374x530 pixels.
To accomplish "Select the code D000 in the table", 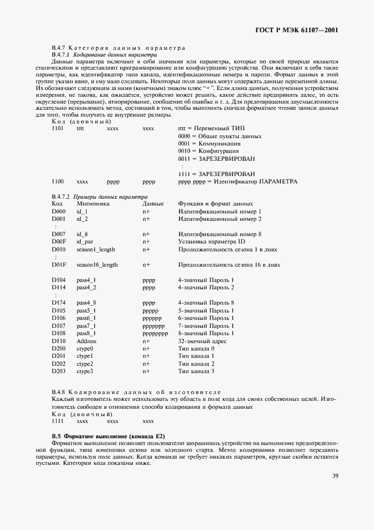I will click(58, 211).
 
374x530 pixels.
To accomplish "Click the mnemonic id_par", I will click(85, 241).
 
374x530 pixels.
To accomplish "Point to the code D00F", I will click(58, 241).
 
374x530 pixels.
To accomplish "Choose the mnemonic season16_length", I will click(97, 264).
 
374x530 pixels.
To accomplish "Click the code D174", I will click(58, 303).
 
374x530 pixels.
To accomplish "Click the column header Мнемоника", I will click(93, 203).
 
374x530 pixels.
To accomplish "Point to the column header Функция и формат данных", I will click(216, 203).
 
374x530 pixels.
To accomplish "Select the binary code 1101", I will click(58, 129).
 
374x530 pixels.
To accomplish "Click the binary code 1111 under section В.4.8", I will click(58, 421).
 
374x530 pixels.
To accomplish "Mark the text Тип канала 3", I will click(196, 371).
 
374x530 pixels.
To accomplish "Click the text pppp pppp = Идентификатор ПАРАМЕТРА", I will click(237, 182).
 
